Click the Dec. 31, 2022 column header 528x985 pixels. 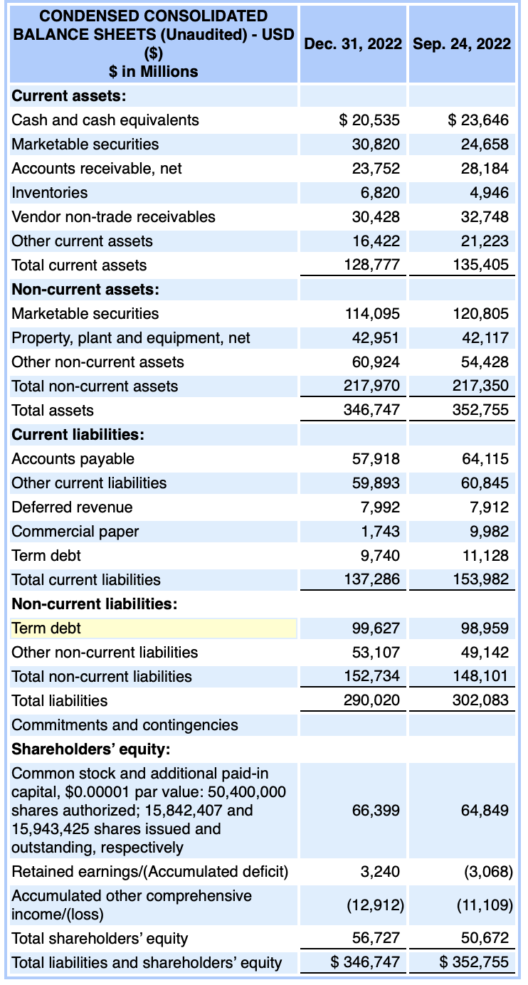(x=353, y=44)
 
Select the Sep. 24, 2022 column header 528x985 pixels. (x=461, y=44)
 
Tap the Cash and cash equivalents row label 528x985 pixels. (x=105, y=120)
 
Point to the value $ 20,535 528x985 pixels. (x=369, y=120)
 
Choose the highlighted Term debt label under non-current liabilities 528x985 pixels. (x=47, y=628)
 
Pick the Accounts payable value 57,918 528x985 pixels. (x=376, y=458)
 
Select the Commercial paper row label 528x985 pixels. (x=75, y=531)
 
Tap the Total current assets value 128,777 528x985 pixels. (x=372, y=265)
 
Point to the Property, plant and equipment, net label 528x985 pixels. (x=131, y=337)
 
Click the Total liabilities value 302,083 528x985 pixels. (x=481, y=700)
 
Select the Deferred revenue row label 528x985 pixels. (x=72, y=507)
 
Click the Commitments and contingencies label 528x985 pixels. (x=125, y=725)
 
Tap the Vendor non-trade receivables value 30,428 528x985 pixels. (x=376, y=216)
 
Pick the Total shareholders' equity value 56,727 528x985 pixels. (x=376, y=938)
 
